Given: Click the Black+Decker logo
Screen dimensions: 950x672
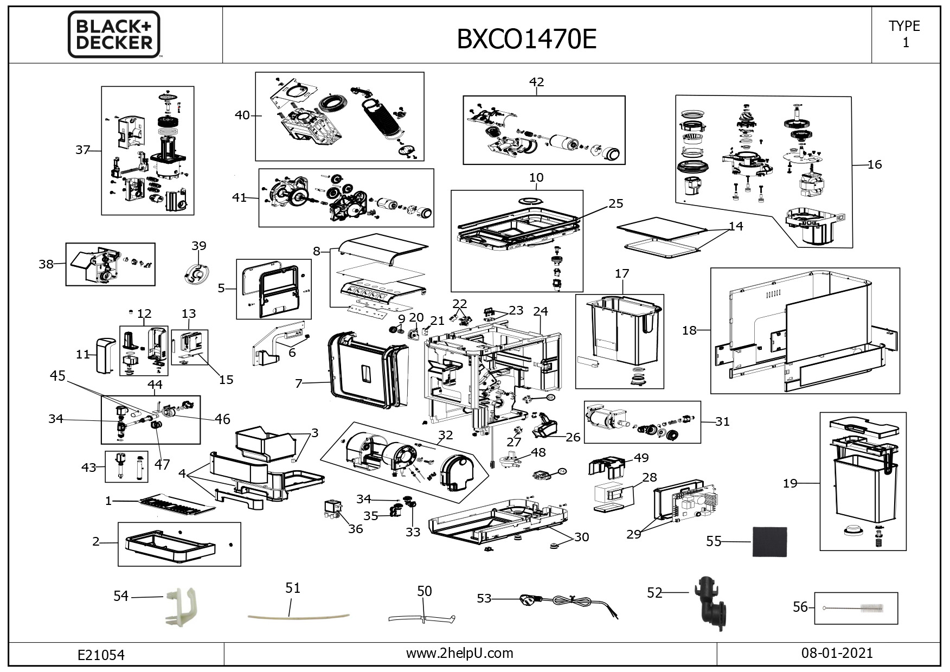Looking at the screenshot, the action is point(114,34).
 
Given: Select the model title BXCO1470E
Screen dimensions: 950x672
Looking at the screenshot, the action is point(527,39).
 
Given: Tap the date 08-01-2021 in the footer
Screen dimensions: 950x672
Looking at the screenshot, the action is point(837,652).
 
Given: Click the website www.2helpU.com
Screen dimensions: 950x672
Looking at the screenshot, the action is point(459,653).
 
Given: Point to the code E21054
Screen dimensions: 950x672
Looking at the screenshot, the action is point(101,655).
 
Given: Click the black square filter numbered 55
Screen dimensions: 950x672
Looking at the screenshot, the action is point(769,541).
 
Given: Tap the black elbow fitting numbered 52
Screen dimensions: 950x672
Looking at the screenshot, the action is point(709,603).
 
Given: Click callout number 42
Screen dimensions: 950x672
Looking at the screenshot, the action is point(536,82).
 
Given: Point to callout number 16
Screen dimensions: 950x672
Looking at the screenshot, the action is point(875,164).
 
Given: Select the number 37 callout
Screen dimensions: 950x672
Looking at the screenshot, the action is point(82,150).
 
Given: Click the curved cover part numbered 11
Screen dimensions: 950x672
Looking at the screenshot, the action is point(106,355).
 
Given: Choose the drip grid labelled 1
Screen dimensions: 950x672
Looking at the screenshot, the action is point(177,505).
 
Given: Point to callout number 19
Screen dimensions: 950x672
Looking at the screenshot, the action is point(790,483).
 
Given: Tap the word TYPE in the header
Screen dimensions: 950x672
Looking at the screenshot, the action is point(904,26).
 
